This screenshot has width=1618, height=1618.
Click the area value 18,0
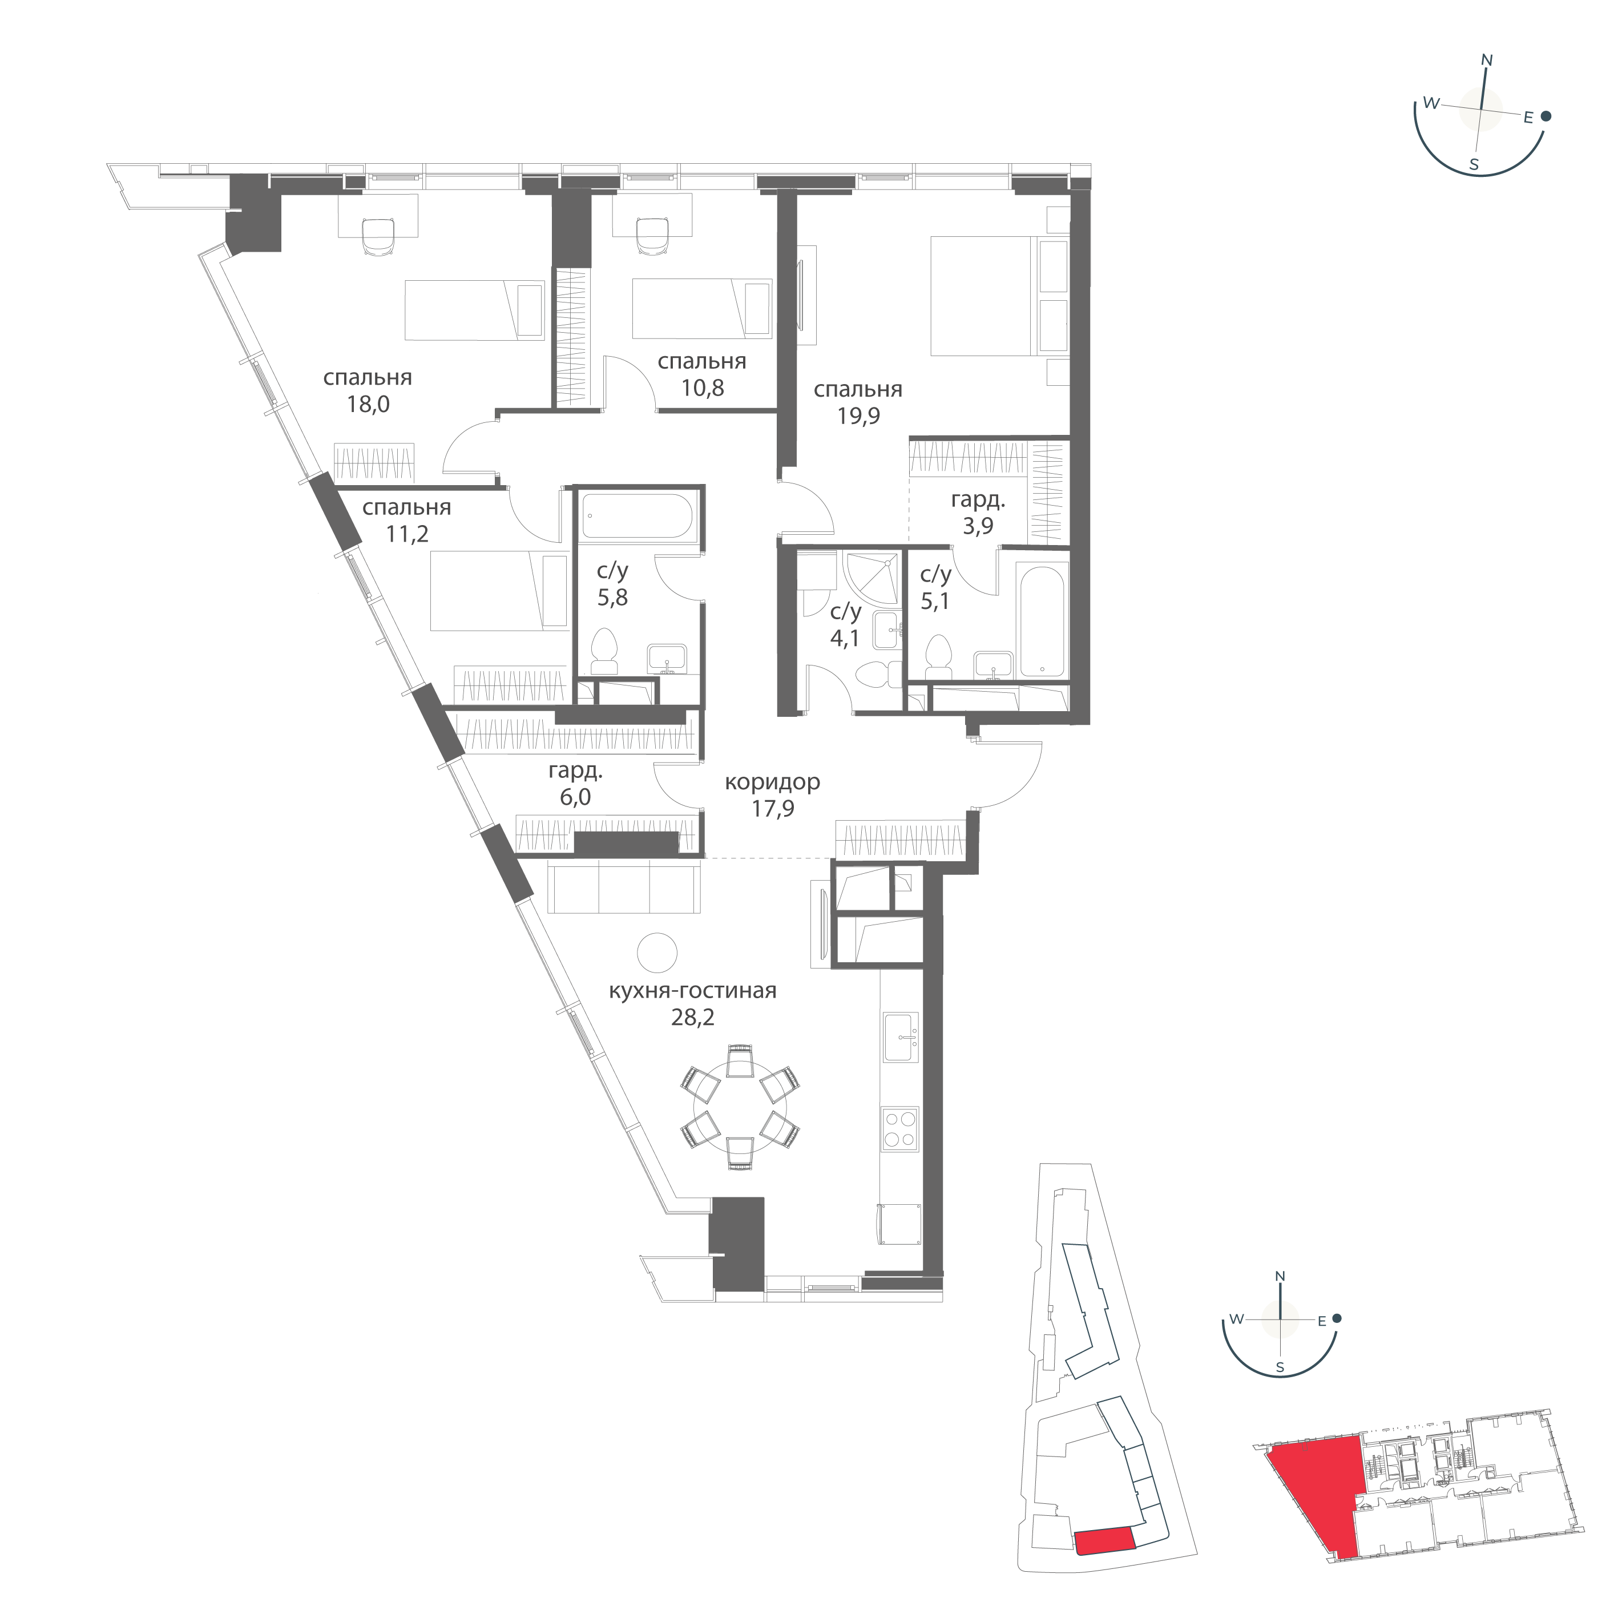click(369, 405)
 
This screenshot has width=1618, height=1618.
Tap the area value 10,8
click(703, 388)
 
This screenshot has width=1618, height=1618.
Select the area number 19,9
click(858, 415)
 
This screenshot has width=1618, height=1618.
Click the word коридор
click(772, 782)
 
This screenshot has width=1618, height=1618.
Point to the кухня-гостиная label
click(693, 991)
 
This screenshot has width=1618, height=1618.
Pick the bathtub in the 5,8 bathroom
click(638, 515)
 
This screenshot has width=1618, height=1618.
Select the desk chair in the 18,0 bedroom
click(378, 236)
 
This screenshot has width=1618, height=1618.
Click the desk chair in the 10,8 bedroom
click(652, 236)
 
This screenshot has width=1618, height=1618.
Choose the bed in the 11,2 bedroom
click(499, 591)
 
